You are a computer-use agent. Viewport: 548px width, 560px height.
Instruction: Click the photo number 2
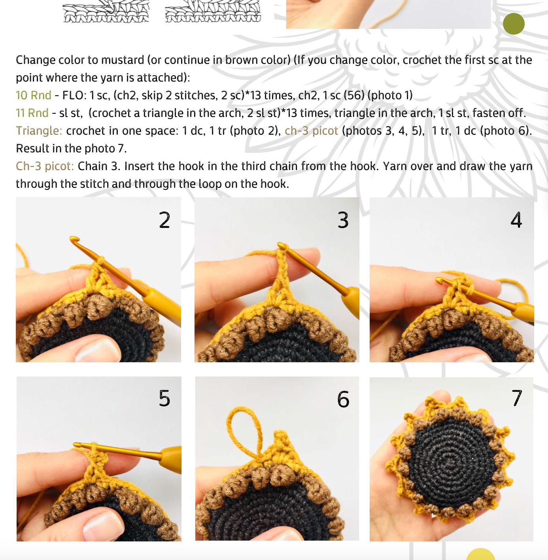(164, 220)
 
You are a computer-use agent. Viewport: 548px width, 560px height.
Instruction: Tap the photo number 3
(343, 220)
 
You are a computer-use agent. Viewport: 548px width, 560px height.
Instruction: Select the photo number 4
(516, 220)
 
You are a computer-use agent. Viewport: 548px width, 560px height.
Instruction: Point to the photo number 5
(164, 398)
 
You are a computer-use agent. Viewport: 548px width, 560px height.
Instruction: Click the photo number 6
(343, 399)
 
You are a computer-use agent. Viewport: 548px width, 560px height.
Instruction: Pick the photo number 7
(517, 398)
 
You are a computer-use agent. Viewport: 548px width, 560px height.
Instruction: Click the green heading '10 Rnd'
(34, 95)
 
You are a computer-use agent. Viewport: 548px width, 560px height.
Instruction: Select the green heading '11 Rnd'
(32, 113)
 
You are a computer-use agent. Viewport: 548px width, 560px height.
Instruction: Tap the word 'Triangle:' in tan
(39, 131)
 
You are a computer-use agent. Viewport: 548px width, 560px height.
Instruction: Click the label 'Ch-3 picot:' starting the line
(45, 166)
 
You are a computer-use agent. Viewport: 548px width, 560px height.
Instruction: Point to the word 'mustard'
(122, 60)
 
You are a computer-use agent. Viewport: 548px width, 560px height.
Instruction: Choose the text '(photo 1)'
(390, 95)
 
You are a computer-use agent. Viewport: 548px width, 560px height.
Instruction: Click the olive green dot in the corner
(514, 24)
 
